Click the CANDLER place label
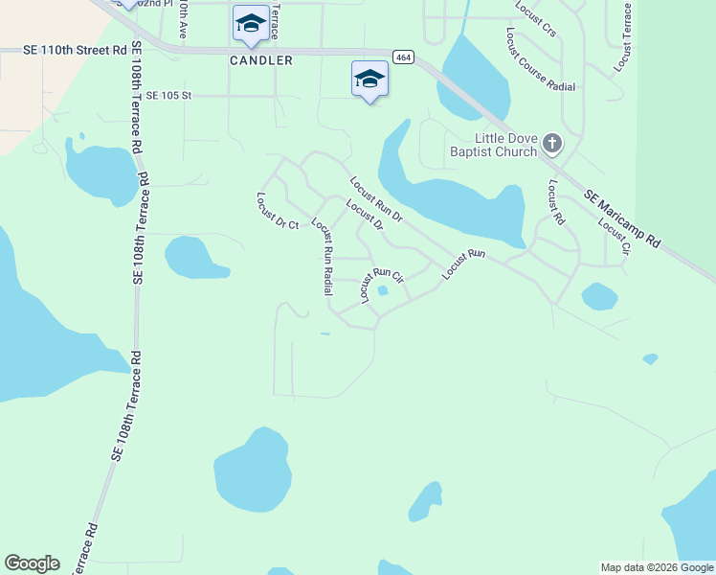coord(260,59)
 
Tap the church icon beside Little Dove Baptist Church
coord(551,145)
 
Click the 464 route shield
coord(404,58)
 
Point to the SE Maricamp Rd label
coord(622,219)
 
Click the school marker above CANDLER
coord(251,24)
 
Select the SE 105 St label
coord(169,96)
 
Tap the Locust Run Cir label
coord(382,283)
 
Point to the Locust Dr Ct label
coord(278,211)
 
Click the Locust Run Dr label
coord(375,199)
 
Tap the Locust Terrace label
coord(624,36)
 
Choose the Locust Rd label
coord(556,200)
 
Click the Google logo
coord(32,563)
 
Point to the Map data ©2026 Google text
coord(657,567)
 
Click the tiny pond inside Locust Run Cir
coord(383,291)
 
